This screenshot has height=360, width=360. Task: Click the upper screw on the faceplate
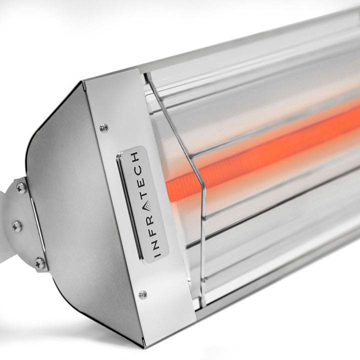click(104, 128)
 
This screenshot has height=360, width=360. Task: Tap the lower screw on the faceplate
click(143, 294)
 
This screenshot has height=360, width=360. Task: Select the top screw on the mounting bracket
click(21, 188)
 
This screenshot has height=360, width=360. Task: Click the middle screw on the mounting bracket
click(17, 226)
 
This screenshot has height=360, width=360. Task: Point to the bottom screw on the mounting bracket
click(40, 263)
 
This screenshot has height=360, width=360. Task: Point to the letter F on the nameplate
click(152, 232)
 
